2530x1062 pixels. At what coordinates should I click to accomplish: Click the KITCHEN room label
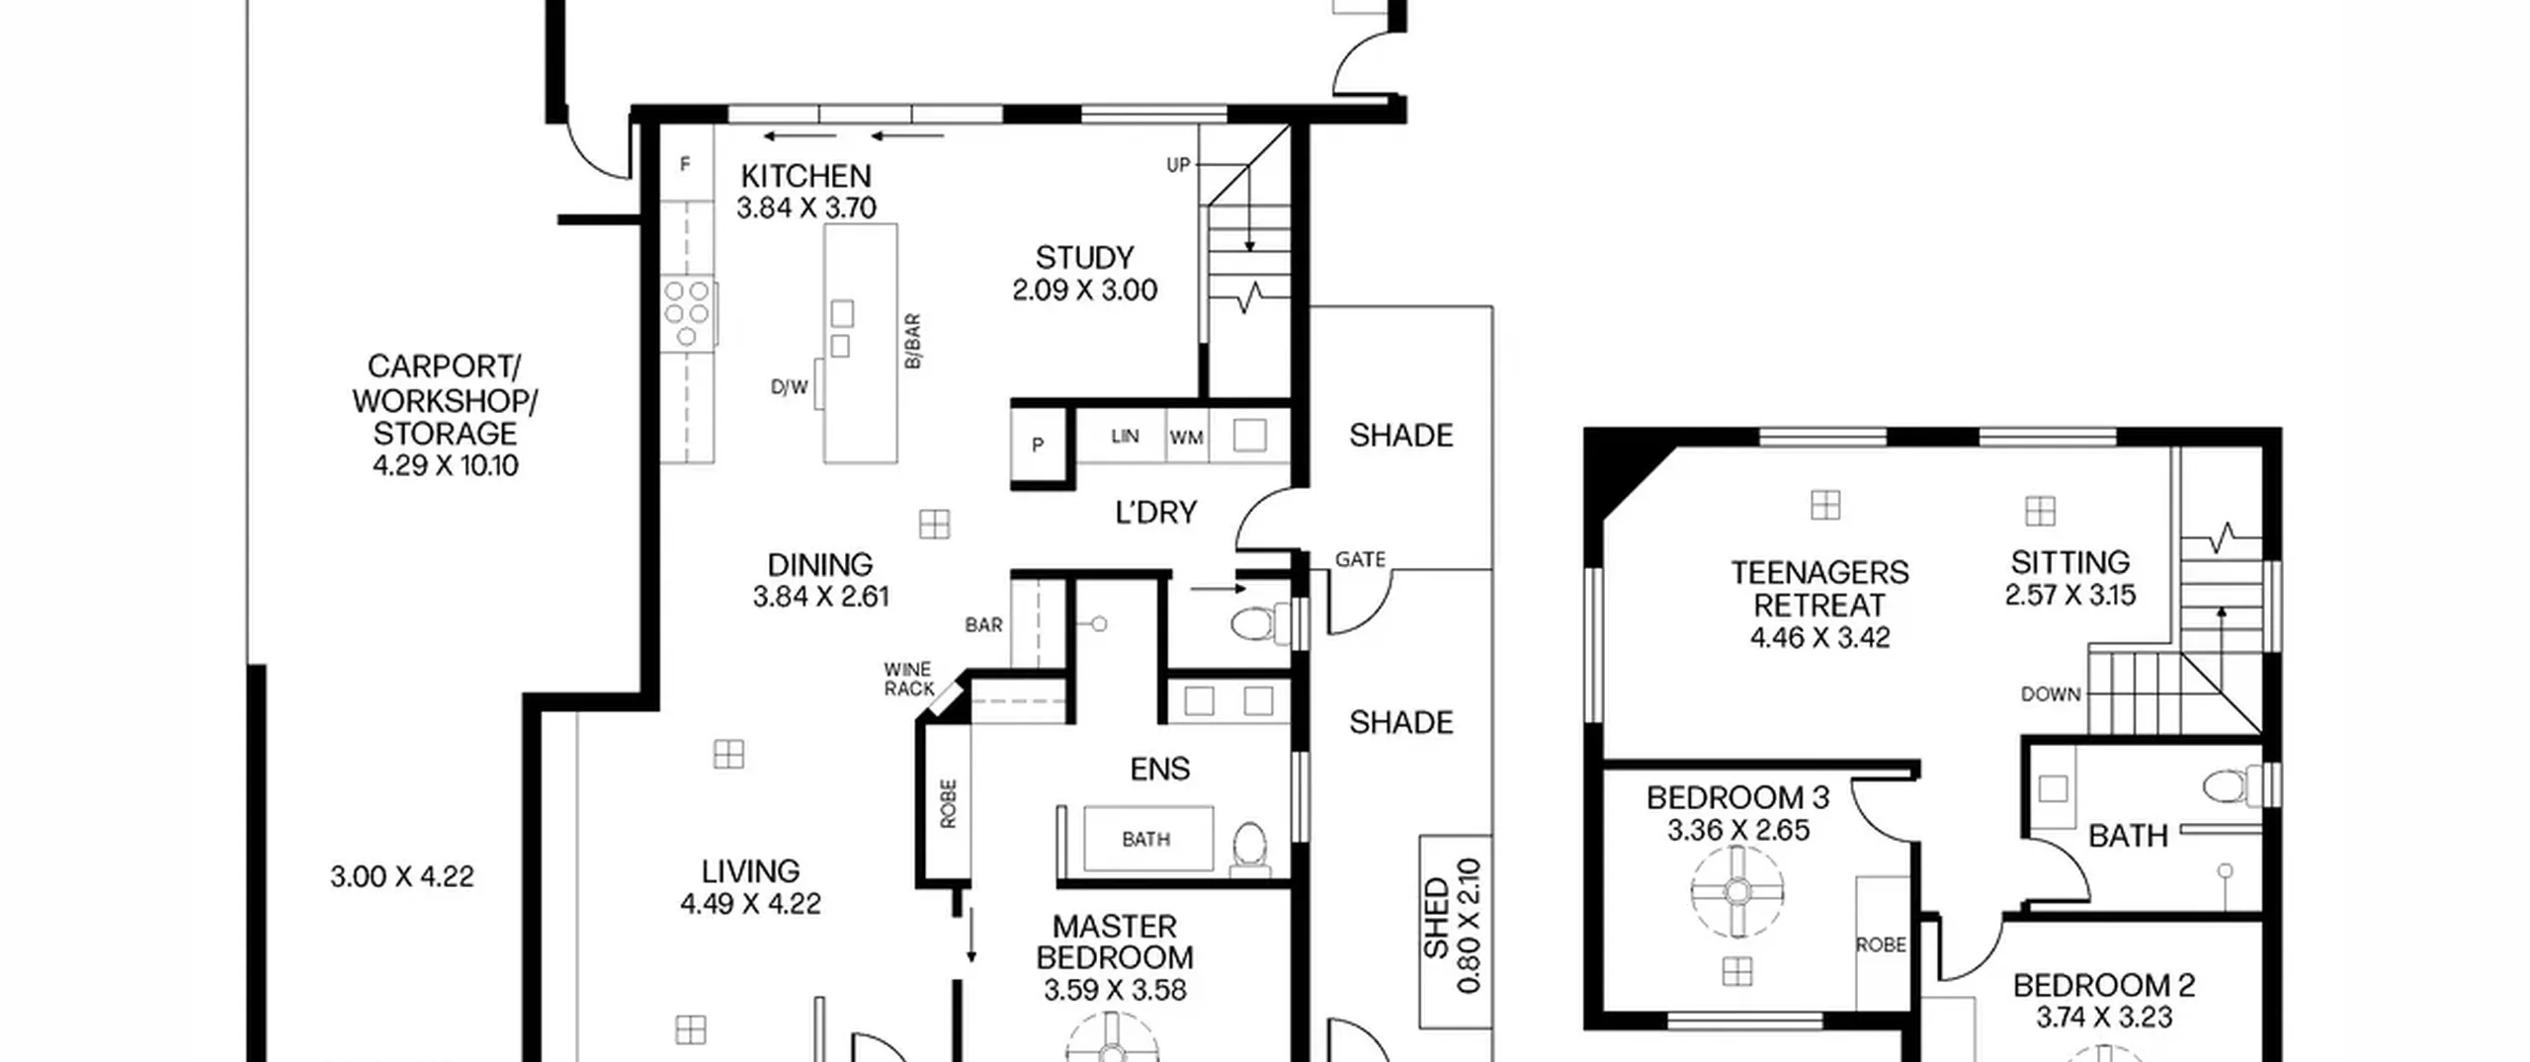pyautogui.click(x=805, y=176)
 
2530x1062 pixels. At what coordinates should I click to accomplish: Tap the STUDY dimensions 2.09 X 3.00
pyautogui.click(x=1084, y=290)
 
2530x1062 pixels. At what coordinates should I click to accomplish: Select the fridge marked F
pyautogui.click(x=686, y=164)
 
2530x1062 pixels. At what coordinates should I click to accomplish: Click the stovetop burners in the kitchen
pyautogui.click(x=687, y=314)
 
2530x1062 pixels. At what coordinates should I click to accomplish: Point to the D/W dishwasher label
pyautogui.click(x=790, y=387)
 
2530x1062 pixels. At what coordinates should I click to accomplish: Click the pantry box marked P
pyautogui.click(x=1037, y=445)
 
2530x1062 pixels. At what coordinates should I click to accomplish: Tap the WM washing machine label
pyautogui.click(x=1186, y=437)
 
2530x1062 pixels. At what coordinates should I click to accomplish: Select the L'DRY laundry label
pyautogui.click(x=1155, y=512)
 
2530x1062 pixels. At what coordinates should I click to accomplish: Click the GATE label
pyautogui.click(x=1360, y=559)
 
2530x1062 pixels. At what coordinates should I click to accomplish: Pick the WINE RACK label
pyautogui.click(x=908, y=679)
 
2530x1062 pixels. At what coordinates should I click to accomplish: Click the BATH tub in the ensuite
pyautogui.click(x=1147, y=839)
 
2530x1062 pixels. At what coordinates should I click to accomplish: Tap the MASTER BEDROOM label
pyautogui.click(x=1115, y=941)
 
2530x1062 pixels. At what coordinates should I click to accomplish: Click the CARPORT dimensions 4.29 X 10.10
pyautogui.click(x=445, y=465)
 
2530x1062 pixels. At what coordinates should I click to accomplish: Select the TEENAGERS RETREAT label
pyautogui.click(x=1819, y=589)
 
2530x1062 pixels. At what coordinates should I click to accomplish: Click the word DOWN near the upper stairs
pyautogui.click(x=2051, y=694)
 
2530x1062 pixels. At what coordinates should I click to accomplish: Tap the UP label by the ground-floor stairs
pyautogui.click(x=1178, y=165)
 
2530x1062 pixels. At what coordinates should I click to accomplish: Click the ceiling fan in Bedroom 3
pyautogui.click(x=1737, y=892)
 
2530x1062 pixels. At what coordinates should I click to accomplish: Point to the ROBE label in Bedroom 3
pyautogui.click(x=1881, y=944)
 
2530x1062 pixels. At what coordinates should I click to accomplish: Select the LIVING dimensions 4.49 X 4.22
pyautogui.click(x=750, y=904)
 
